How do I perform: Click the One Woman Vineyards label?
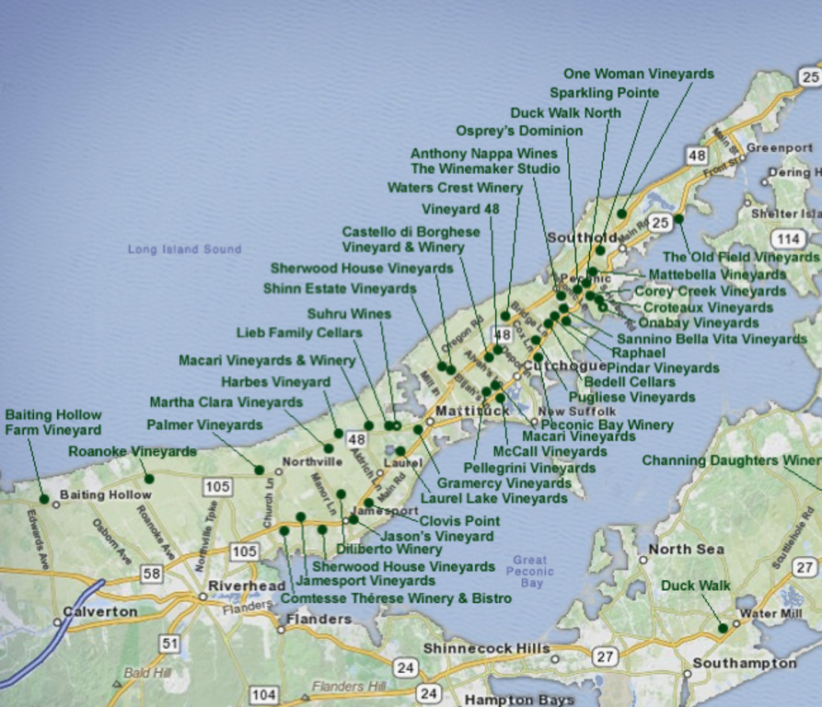tap(638, 74)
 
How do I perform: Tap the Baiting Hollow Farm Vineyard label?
tap(53, 423)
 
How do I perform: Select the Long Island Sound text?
tap(184, 249)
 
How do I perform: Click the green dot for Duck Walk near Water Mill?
tap(723, 628)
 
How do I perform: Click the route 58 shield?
tap(152, 574)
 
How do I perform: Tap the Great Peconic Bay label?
tap(530, 571)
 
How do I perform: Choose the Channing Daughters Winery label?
tap(731, 460)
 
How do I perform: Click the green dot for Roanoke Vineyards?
tap(148, 479)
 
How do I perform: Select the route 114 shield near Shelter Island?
tap(787, 239)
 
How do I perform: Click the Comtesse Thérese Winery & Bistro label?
tap(396, 598)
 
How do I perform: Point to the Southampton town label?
tap(744, 663)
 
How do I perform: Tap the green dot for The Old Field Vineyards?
tap(678, 219)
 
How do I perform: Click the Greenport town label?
tap(780, 147)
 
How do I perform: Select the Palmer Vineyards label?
tap(204, 425)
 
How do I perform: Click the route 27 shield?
tap(604, 656)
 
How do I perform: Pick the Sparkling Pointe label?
tap(604, 93)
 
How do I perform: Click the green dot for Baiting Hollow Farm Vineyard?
tap(43, 499)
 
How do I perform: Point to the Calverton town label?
tap(100, 611)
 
